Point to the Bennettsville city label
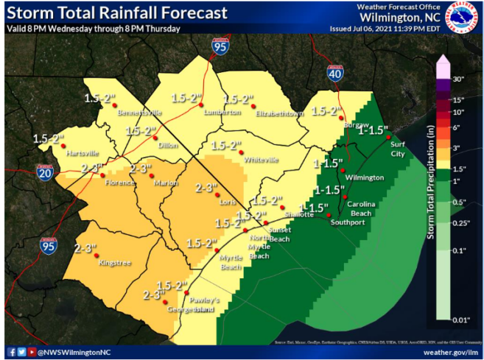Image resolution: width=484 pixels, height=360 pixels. (140, 114)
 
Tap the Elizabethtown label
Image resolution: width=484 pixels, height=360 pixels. (279, 114)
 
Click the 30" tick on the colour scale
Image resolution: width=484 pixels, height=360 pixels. (458, 79)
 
